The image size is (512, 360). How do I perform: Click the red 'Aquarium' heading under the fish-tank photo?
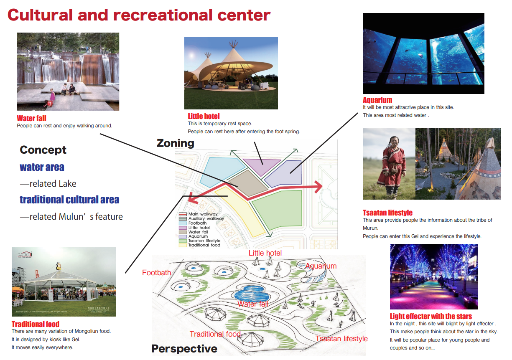tap(377, 100)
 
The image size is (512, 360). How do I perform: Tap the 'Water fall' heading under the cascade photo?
tap(31, 118)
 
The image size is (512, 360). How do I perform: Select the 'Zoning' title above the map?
tap(175, 143)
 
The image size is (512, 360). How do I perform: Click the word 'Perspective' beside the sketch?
tap(184, 349)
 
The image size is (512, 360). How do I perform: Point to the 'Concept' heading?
tap(43, 150)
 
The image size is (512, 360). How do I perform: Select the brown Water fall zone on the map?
tap(248, 183)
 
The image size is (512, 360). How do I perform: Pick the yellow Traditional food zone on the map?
tap(240, 211)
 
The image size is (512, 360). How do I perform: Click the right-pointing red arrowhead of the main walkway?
tap(318, 187)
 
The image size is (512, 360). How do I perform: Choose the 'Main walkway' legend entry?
tap(198, 214)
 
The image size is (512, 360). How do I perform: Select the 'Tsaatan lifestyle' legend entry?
tap(200, 241)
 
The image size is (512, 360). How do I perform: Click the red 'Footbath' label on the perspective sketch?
tap(157, 273)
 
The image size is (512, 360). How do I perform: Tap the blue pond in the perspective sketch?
tap(252, 294)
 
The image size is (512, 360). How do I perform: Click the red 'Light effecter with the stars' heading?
tap(430, 317)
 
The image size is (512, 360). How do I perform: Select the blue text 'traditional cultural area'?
tap(69, 199)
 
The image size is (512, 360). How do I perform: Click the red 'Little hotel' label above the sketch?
tap(265, 253)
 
